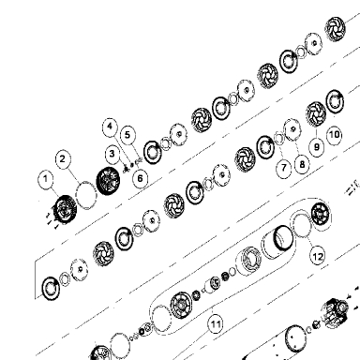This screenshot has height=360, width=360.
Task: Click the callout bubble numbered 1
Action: click(x=46, y=179)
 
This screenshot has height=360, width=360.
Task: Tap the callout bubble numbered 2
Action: click(x=63, y=158)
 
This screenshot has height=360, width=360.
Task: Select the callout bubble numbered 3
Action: click(x=112, y=154)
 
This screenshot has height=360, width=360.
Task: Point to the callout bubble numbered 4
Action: click(x=110, y=127)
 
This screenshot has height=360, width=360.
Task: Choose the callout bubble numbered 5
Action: click(x=127, y=135)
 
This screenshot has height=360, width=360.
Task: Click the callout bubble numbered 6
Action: click(x=140, y=178)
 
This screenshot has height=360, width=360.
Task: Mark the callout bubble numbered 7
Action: click(x=283, y=168)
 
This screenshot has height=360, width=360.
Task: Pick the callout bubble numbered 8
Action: click(x=302, y=164)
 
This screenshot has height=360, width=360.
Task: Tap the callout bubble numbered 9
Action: click(x=317, y=146)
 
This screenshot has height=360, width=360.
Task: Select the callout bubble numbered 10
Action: click(x=334, y=135)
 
